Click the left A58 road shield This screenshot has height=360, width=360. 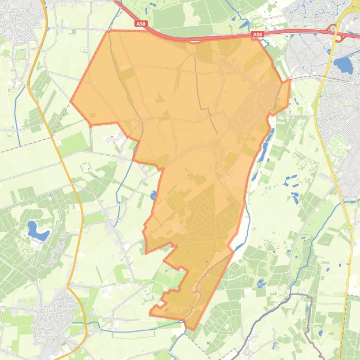(x=140, y=23)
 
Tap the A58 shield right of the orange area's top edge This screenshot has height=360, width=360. (x=257, y=35)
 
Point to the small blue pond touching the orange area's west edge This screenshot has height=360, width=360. (x=153, y=195)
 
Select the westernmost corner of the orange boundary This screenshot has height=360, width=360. (x=71, y=101)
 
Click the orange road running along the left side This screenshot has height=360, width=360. (x=56, y=140)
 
